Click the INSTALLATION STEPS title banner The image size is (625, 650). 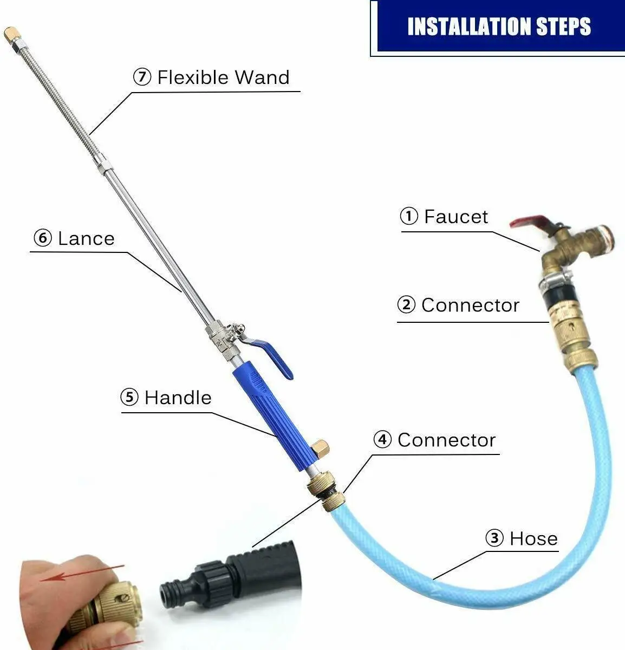(x=498, y=27)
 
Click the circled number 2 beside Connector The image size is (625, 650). (x=406, y=305)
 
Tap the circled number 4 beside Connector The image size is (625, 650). (x=382, y=440)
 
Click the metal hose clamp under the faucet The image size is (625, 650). (x=552, y=281)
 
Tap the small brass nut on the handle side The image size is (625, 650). (x=321, y=448)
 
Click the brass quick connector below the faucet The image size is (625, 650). (x=569, y=336)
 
